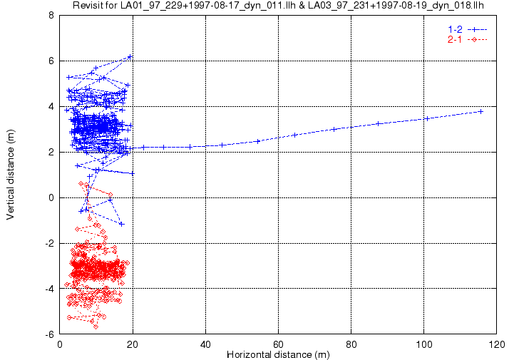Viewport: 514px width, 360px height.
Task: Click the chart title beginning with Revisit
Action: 278,5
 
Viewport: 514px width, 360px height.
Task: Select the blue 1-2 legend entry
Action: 468,29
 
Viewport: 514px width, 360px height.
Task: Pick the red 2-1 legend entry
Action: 468,40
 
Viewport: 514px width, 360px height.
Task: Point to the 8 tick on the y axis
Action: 51,16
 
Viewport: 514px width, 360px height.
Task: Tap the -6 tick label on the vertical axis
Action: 49,335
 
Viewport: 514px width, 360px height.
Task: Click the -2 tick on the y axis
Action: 49,244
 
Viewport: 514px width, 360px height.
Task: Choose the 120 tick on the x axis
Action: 496,344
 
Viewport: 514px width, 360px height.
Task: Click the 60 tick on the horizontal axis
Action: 278,344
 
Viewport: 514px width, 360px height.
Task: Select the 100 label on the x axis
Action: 424,344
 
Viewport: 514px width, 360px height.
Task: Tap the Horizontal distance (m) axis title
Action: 278,355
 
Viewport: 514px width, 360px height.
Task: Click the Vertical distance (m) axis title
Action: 10,175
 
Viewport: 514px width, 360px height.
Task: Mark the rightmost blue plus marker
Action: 481,112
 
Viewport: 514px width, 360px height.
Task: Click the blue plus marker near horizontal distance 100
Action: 427,118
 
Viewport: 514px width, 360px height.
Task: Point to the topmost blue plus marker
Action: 130,57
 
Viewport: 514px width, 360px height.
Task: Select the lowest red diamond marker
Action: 96,327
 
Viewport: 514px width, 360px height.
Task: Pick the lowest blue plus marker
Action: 122,225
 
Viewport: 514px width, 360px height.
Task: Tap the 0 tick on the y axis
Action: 51,197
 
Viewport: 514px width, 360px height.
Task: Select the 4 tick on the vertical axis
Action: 51,106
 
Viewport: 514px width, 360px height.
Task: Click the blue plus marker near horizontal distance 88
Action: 379,123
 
